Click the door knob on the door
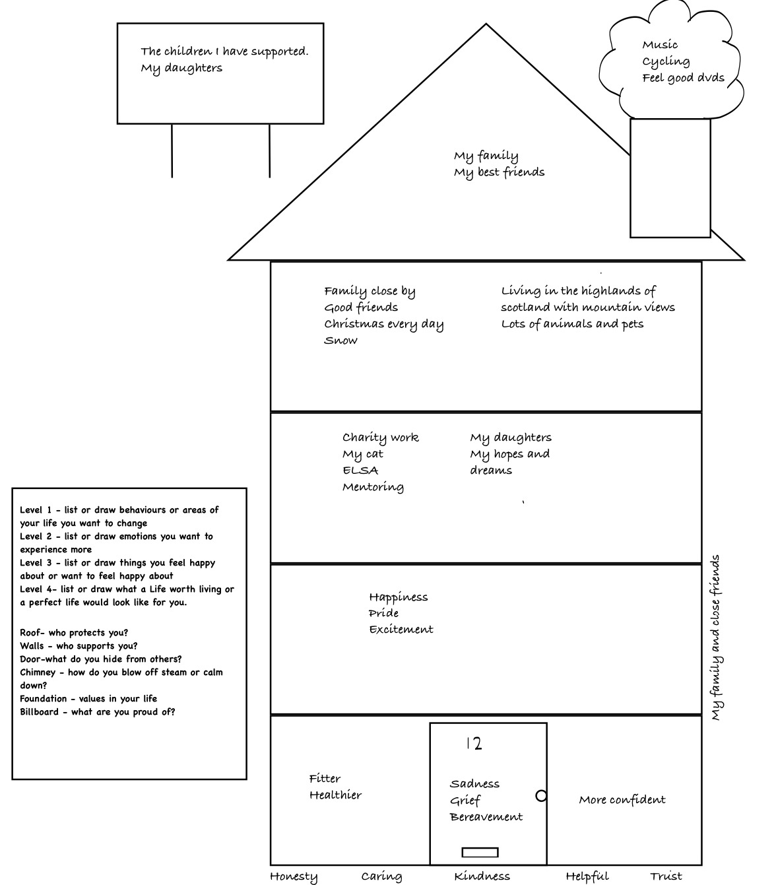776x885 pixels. click(x=541, y=796)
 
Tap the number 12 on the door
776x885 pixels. click(x=474, y=744)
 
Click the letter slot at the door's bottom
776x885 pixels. click(x=480, y=852)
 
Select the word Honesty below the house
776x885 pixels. click(x=294, y=876)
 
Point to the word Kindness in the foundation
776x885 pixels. click(x=482, y=876)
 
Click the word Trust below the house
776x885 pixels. click(x=666, y=876)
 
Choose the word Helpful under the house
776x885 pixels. click(x=587, y=876)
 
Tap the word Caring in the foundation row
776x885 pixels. click(x=381, y=876)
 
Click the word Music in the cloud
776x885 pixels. click(x=660, y=45)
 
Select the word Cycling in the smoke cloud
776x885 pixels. click(x=666, y=61)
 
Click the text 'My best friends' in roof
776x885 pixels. click(x=499, y=172)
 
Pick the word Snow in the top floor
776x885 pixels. click(x=340, y=341)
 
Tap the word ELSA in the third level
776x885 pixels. click(x=360, y=471)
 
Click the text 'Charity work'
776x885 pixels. click(x=380, y=438)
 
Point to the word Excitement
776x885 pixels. click(x=401, y=630)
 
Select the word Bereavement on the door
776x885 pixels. click(x=486, y=817)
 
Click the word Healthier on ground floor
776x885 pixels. click(x=335, y=795)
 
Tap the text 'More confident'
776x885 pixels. click(x=622, y=800)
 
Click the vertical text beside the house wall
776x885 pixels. click(x=715, y=638)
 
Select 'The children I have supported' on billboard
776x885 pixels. click(x=224, y=51)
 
